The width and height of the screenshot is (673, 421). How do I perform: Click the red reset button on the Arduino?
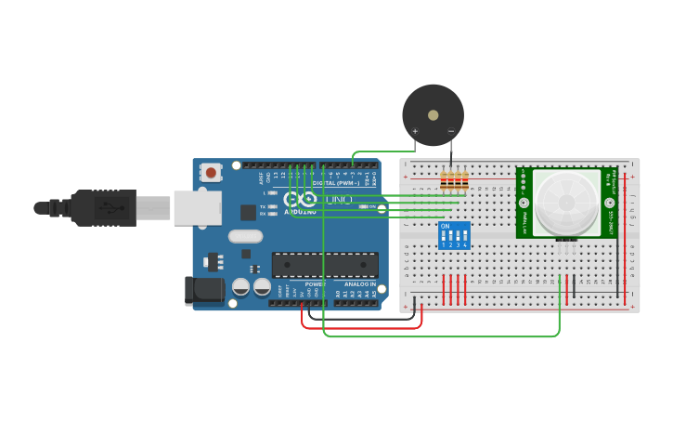[212, 172]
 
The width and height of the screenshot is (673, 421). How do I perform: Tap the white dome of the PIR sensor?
[566, 202]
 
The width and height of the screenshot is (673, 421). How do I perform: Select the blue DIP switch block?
[454, 235]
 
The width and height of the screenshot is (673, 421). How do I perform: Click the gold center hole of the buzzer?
[433, 115]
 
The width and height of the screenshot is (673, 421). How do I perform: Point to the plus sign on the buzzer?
[415, 131]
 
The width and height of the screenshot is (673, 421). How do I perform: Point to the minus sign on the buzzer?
[451, 131]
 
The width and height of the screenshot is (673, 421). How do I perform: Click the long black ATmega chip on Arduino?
[324, 265]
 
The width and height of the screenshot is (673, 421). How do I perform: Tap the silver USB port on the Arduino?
[197, 208]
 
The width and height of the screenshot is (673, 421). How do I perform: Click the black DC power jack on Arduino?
[204, 291]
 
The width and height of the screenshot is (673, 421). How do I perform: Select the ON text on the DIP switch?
[446, 226]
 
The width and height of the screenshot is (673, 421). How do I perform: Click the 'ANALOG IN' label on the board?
[360, 283]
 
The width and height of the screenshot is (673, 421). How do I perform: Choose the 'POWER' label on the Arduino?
[315, 283]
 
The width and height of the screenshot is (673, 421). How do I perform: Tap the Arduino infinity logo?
[307, 199]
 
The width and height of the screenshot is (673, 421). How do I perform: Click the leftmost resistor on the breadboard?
[444, 182]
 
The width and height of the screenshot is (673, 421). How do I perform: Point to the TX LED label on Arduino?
[263, 206]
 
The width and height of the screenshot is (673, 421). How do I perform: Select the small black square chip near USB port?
[248, 212]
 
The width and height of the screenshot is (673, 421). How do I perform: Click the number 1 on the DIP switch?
[444, 245]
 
